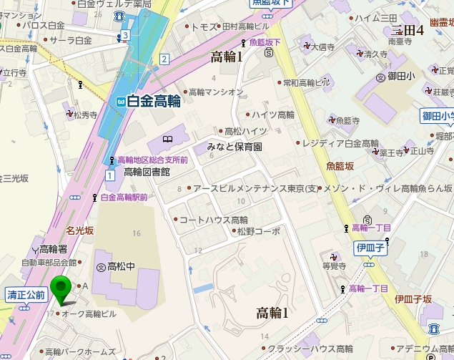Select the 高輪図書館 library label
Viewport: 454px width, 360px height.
(x=146, y=172)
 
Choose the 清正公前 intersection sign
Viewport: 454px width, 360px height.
(x=26, y=294)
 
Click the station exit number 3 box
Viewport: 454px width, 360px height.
(x=125, y=34)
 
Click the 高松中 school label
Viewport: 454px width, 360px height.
(x=121, y=266)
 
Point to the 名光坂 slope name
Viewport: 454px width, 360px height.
(x=79, y=230)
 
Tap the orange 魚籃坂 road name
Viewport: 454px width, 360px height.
(x=340, y=166)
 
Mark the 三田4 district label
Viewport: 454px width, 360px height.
(x=408, y=30)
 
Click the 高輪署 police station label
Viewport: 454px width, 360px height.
(x=53, y=249)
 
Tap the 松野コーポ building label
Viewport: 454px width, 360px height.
(x=258, y=232)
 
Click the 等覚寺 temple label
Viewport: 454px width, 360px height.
(x=334, y=266)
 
